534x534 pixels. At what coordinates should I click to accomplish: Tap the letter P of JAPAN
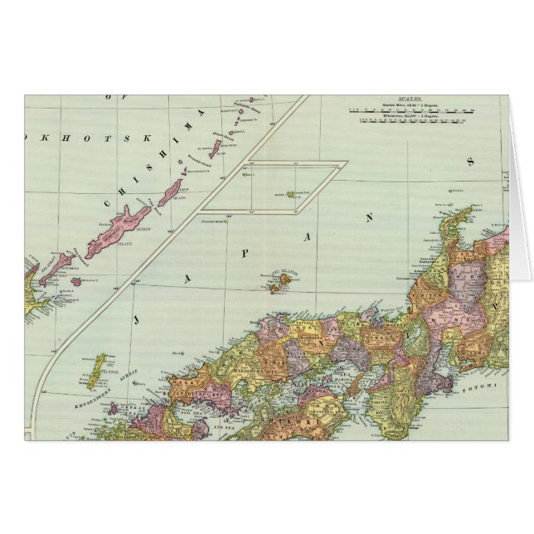[245, 253]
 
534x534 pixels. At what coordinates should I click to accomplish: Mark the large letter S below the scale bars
[471, 161]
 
